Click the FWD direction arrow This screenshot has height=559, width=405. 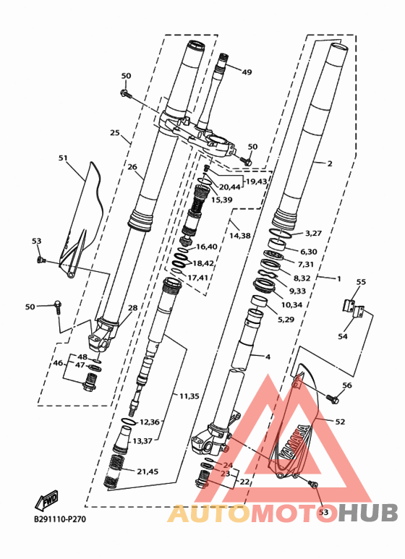click(46, 500)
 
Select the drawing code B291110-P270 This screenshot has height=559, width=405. click(60, 519)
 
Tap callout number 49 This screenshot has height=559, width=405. click(247, 72)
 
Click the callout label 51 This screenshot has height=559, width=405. click(63, 158)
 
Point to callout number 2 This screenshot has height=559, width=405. click(330, 163)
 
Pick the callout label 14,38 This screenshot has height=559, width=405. click(240, 235)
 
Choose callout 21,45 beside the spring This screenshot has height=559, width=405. click(148, 471)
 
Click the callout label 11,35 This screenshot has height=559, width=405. click(189, 396)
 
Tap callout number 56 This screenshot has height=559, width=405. click(347, 385)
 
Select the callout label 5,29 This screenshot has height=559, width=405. click(286, 320)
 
